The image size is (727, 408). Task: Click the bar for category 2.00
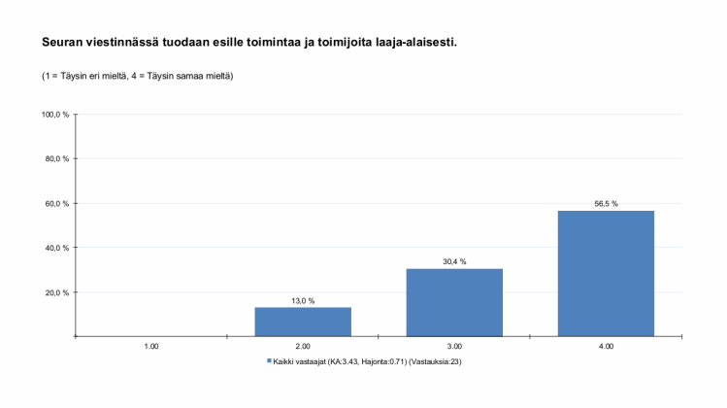pyautogui.click(x=303, y=322)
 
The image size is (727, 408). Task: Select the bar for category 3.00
pyautogui.click(x=454, y=302)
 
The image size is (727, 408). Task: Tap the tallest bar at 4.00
pyautogui.click(x=606, y=273)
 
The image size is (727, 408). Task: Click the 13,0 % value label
pyautogui.click(x=303, y=301)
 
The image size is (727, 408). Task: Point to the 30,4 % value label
pyautogui.click(x=454, y=262)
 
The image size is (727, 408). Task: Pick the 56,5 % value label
pyautogui.click(x=606, y=204)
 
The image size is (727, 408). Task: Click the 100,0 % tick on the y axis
pyautogui.click(x=55, y=115)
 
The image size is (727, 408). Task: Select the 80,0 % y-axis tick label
pyautogui.click(x=57, y=159)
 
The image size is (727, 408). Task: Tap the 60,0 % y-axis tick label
pyautogui.click(x=57, y=204)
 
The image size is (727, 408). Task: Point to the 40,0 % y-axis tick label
pyautogui.click(x=57, y=248)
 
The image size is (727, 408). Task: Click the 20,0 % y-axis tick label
pyautogui.click(x=57, y=292)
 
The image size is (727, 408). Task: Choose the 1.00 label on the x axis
pyautogui.click(x=151, y=346)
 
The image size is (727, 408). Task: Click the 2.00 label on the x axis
pyautogui.click(x=303, y=346)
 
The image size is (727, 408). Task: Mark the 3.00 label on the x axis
pyautogui.click(x=454, y=346)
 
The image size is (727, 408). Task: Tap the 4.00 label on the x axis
pyautogui.click(x=606, y=346)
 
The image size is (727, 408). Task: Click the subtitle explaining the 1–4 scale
pyautogui.click(x=137, y=76)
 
